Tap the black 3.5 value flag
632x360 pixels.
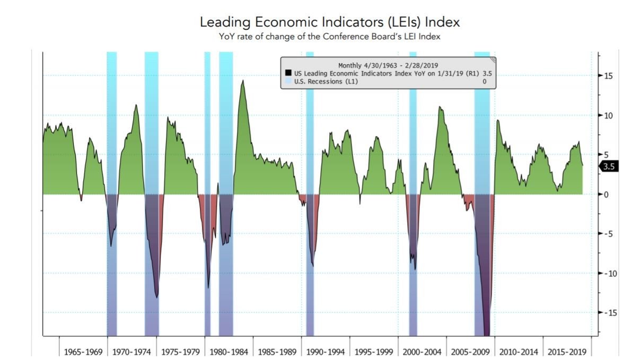[x=610, y=166]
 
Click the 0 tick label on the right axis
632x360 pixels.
[x=607, y=195]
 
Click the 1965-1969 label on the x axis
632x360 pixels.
[x=83, y=352]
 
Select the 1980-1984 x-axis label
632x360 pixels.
[x=229, y=352]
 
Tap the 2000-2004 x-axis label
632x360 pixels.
[x=422, y=352]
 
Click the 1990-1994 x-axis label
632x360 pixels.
[x=325, y=352]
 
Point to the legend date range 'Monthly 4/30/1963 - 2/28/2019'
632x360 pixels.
[x=387, y=65]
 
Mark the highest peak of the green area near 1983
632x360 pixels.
[x=243, y=81]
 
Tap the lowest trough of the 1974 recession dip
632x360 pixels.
[x=156, y=297]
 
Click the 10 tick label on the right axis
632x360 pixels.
[x=609, y=116]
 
